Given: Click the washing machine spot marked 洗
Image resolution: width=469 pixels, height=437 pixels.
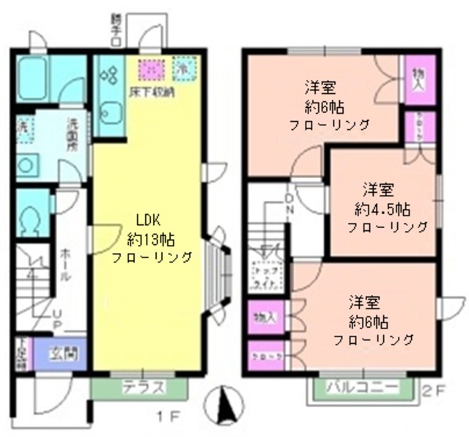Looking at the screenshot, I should pos(24,126).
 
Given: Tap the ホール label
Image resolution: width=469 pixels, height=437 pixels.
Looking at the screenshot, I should pos(64,263).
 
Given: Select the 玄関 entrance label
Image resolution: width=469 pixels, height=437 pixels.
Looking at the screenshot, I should pos(61,354).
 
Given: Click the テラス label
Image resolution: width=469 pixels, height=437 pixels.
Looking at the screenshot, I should pos(141,387).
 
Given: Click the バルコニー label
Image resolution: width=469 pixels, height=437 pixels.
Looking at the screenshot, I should pos(362,386).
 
